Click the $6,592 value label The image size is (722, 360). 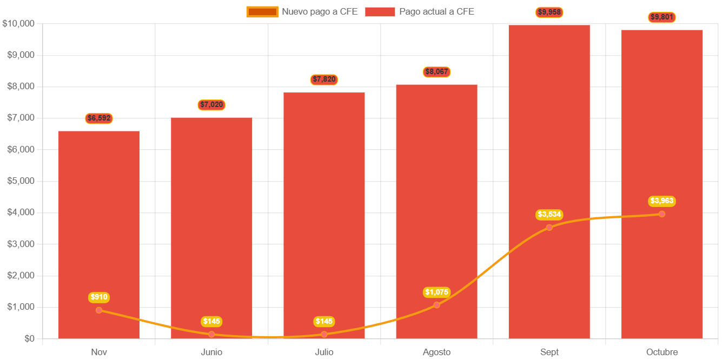click(99, 118)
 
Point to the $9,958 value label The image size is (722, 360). click(549, 12)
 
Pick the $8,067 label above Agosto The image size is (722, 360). click(436, 72)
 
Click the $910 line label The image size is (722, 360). click(99, 297)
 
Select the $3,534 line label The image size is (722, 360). click(549, 215)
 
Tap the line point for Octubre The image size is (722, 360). click(661, 214)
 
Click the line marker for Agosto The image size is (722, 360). click(436, 305)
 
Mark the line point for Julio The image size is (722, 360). click(324, 334)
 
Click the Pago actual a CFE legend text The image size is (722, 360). click(436, 11)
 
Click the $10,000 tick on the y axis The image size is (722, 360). click(19, 23)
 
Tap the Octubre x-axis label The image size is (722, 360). click(661, 352)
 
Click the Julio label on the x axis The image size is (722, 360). click(324, 352)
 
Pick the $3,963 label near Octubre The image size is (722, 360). click(661, 201)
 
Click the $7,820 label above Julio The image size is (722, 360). click(324, 79)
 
